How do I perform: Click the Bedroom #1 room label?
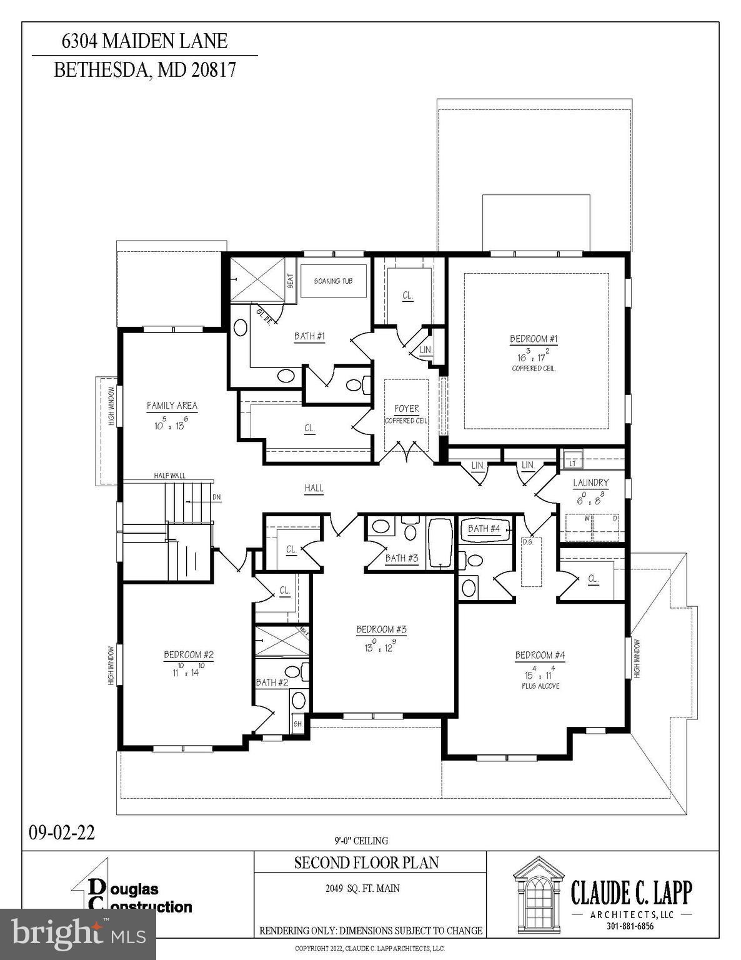[534, 339]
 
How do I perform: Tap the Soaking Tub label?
[333, 281]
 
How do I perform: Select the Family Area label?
[172, 406]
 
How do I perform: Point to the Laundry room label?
[590, 483]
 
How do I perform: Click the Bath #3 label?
[401, 558]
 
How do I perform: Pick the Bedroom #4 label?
[540, 655]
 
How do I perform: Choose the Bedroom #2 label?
[189, 655]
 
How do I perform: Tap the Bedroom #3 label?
[381, 629]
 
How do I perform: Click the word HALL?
[314, 488]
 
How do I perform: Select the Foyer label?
[406, 409]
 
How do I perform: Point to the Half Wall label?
[170, 476]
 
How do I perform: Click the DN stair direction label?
[216, 497]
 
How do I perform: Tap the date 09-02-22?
[62, 832]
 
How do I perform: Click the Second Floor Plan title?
[367, 863]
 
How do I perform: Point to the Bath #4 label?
[484, 529]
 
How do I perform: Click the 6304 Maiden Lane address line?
[144, 41]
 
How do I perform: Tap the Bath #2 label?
[272, 682]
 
